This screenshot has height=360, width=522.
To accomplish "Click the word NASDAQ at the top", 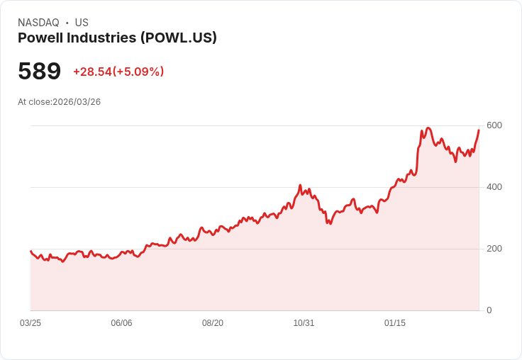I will (x=38, y=23).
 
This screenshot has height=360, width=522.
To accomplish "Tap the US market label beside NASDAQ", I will (x=82, y=23).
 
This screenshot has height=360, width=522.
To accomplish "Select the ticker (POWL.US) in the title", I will (x=178, y=38).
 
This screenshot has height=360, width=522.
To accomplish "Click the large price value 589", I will (x=40, y=72).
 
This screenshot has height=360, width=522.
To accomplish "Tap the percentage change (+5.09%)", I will (x=138, y=72).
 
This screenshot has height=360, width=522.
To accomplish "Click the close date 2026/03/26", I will (x=77, y=102).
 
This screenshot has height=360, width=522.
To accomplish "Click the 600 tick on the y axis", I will (x=494, y=125).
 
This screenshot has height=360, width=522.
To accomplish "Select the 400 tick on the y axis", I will (x=494, y=187).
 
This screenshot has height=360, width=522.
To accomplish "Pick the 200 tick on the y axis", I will (x=494, y=249).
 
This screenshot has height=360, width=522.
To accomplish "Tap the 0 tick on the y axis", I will (x=489, y=310).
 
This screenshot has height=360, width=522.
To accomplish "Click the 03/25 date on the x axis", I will (x=30, y=323).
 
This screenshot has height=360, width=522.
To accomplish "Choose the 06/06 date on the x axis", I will (x=121, y=323).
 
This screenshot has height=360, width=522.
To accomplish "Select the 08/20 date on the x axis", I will (x=213, y=323).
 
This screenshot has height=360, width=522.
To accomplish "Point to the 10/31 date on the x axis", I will (x=304, y=323).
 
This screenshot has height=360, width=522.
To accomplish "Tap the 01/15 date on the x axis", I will (x=395, y=323).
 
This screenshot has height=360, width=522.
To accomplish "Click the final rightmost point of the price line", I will (x=479, y=130).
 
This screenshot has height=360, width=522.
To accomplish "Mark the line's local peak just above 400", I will (x=300, y=186).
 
